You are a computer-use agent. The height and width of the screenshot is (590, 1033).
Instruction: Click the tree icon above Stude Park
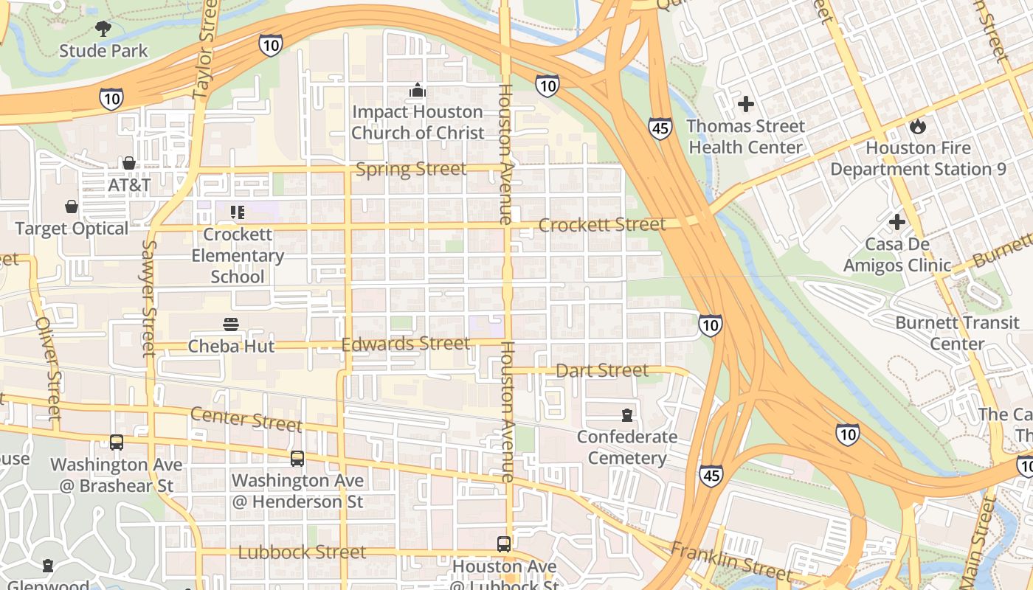(x=103, y=29)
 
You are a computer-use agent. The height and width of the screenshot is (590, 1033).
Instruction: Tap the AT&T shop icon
(x=129, y=163)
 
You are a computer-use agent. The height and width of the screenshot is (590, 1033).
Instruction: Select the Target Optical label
(x=72, y=229)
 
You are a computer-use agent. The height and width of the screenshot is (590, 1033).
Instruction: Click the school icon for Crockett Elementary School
(x=238, y=212)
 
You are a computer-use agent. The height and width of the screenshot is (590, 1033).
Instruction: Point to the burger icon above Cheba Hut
(x=231, y=324)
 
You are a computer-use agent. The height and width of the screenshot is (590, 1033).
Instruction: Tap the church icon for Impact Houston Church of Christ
(x=418, y=90)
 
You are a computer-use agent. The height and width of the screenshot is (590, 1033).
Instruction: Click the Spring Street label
(x=411, y=170)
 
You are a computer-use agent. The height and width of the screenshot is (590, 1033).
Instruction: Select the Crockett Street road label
(x=602, y=225)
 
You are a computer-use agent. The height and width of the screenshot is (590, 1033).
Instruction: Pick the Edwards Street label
(x=405, y=344)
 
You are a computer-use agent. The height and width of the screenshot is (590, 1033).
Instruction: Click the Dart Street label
(x=602, y=370)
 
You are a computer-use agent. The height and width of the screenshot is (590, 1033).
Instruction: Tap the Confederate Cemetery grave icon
(x=626, y=414)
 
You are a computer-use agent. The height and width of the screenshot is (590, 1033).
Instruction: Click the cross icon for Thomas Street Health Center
(x=746, y=104)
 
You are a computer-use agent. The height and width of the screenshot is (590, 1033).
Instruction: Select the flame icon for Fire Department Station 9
(x=917, y=126)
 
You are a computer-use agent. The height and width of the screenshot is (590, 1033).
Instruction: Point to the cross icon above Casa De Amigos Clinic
(x=897, y=222)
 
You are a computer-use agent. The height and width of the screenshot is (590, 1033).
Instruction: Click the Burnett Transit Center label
(x=957, y=333)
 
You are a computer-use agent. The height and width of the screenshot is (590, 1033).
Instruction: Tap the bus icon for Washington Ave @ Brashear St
(x=117, y=442)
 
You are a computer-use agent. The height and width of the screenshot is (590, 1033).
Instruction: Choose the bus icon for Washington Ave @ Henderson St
(x=297, y=459)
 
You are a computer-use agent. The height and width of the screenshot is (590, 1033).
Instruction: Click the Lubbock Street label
(x=302, y=552)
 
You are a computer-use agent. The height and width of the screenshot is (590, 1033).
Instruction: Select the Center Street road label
(x=246, y=419)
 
